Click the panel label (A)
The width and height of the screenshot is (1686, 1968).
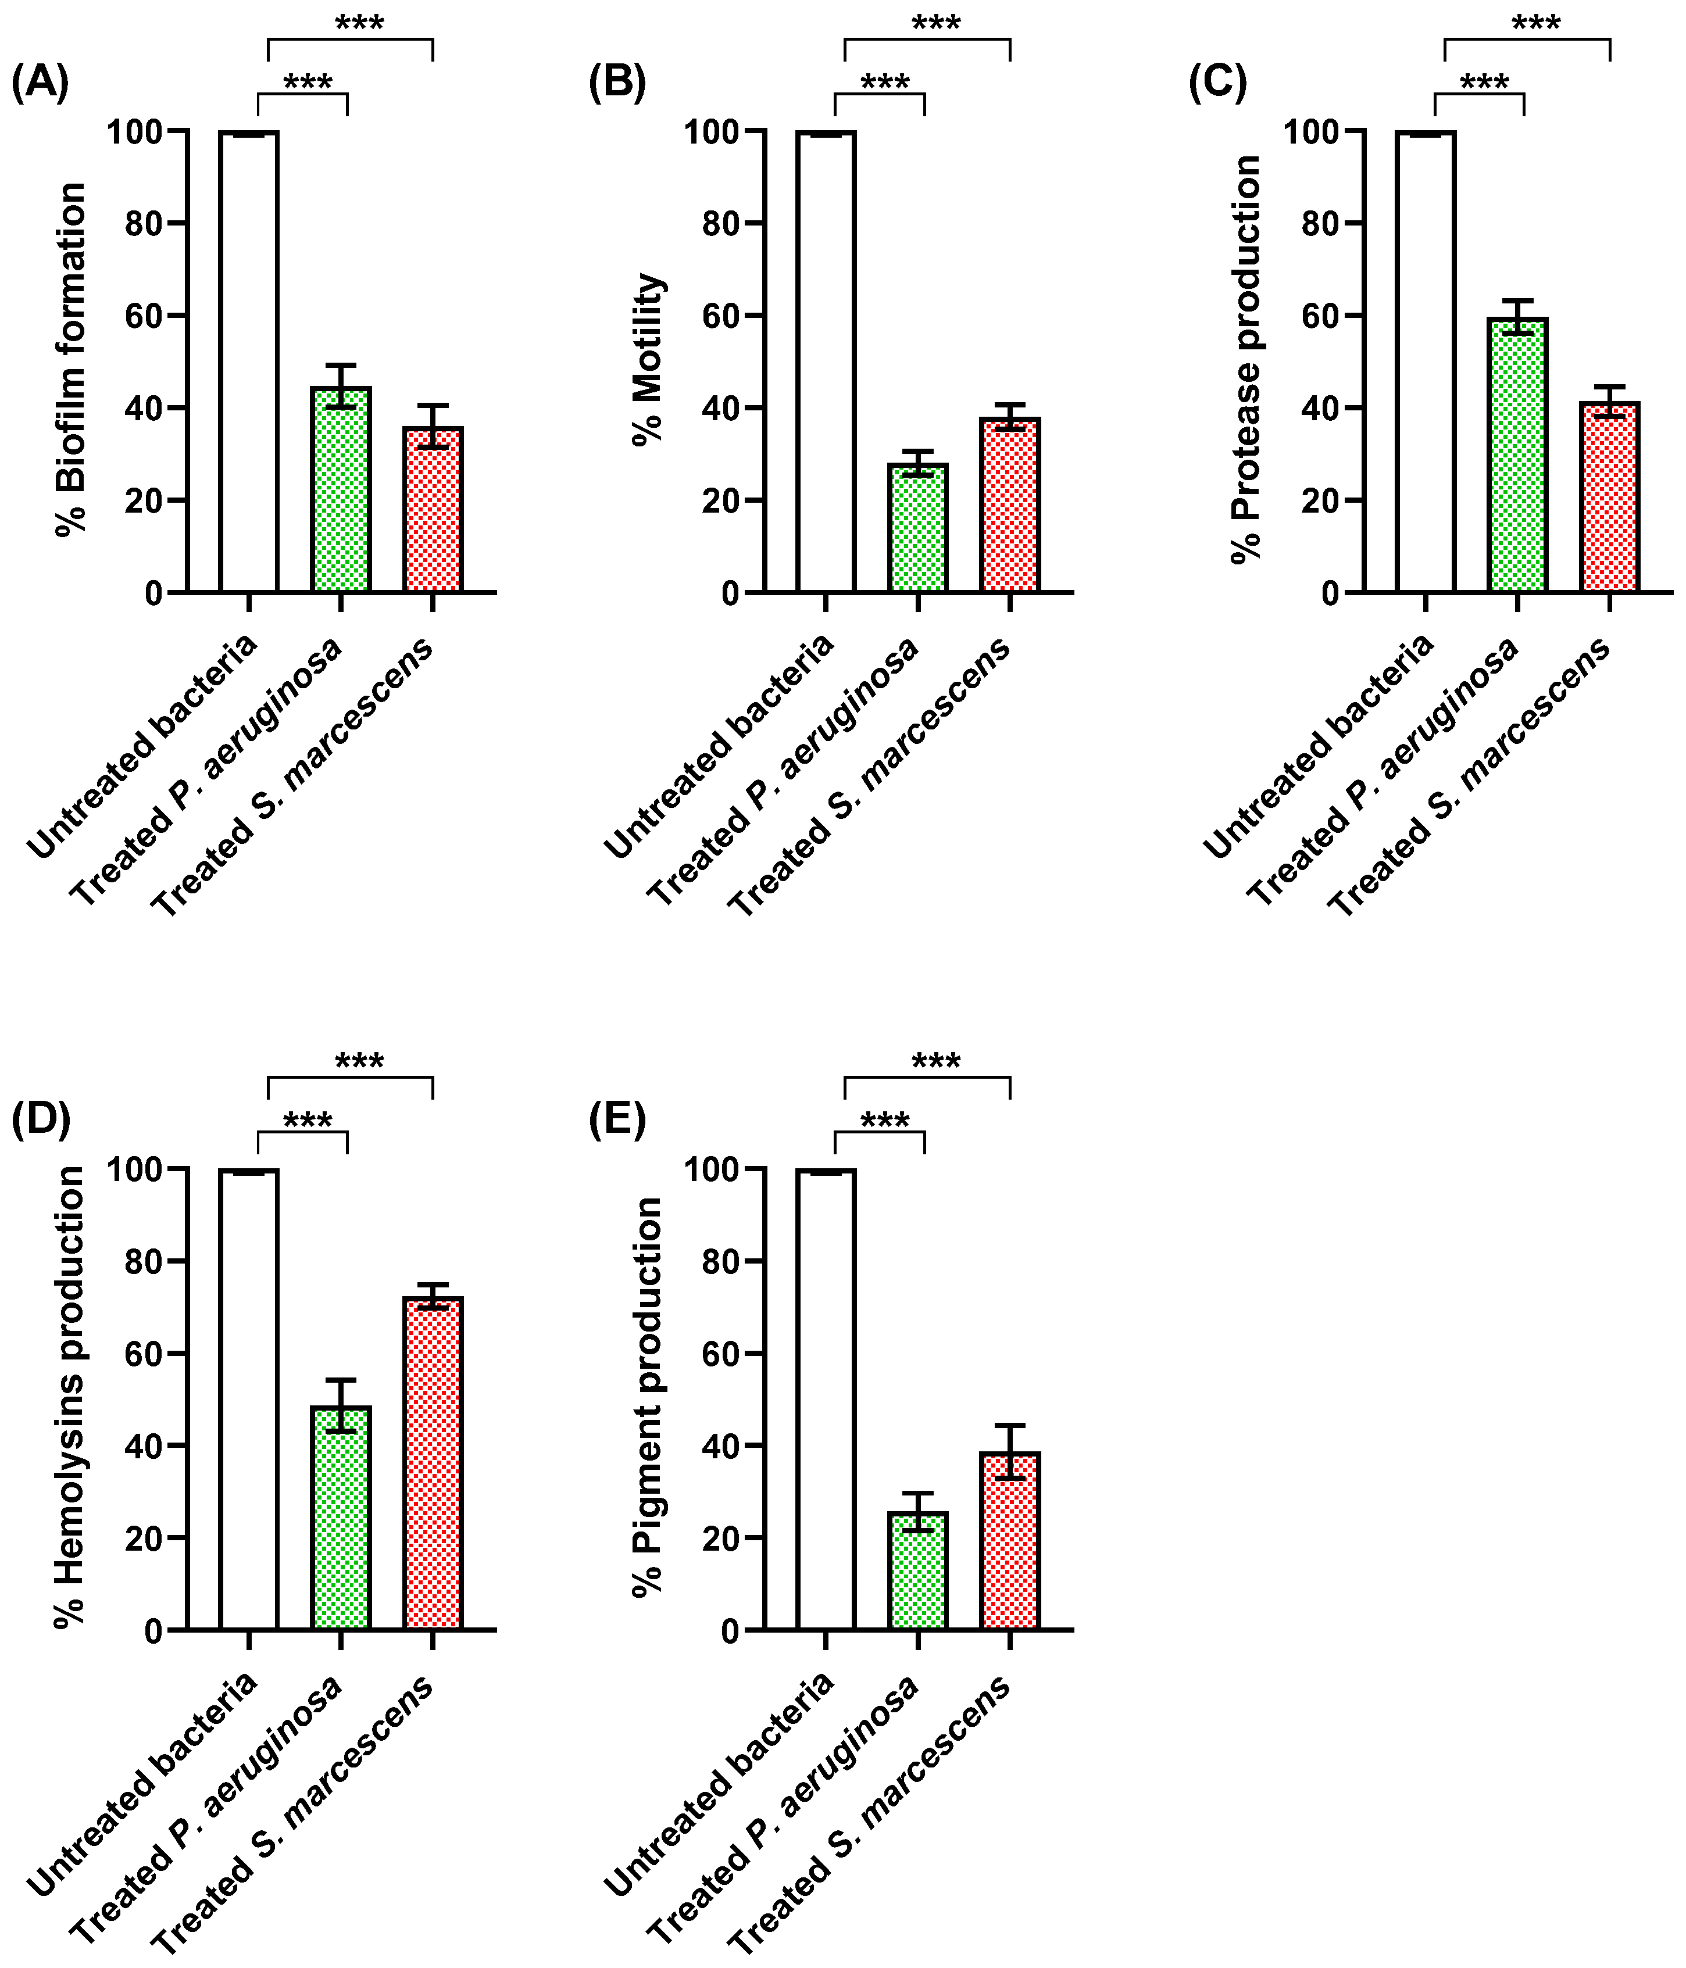click(x=40, y=84)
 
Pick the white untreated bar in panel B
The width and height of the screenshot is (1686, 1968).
click(x=826, y=361)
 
